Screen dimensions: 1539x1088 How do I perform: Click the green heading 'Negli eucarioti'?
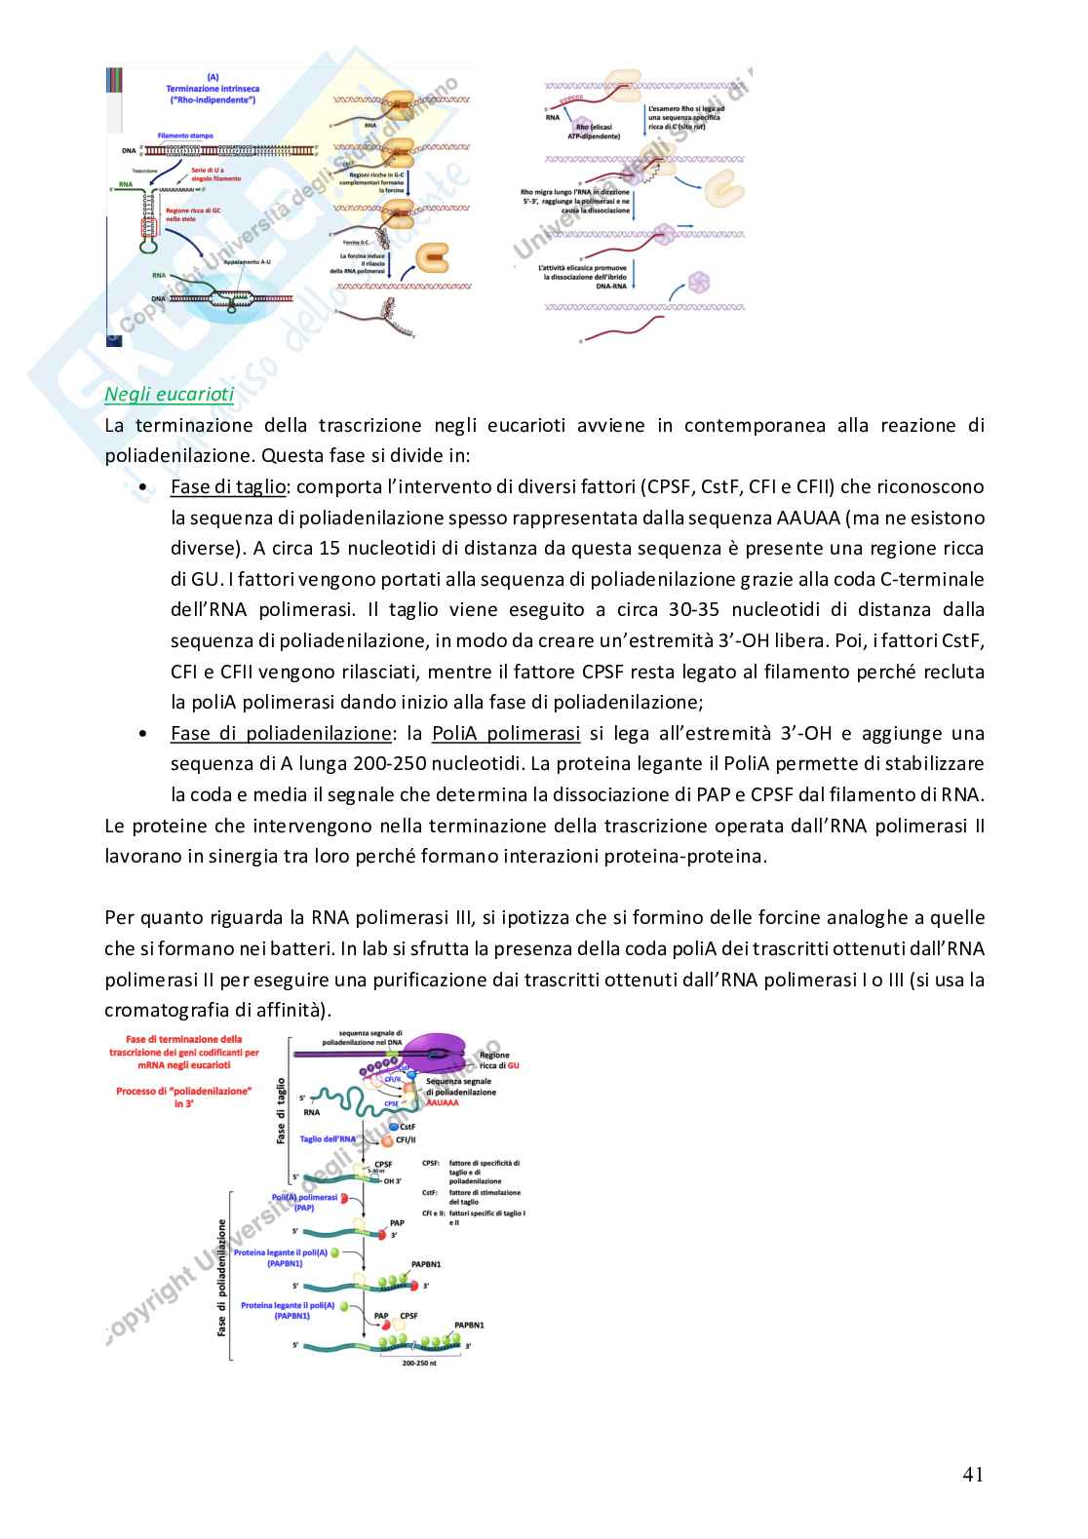point(170,395)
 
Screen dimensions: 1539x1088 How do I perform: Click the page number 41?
point(972,1475)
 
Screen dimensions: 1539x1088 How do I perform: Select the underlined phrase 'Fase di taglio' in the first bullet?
point(228,486)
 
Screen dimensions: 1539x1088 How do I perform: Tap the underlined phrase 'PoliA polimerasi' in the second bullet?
point(506,733)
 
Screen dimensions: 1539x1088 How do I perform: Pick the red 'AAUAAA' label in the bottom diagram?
point(443,1102)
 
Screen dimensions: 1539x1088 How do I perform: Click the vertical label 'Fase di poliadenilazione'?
point(222,1277)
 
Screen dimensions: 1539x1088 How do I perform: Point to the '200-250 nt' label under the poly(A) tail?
point(419,1363)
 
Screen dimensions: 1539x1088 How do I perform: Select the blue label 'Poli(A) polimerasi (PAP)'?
point(304,1203)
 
